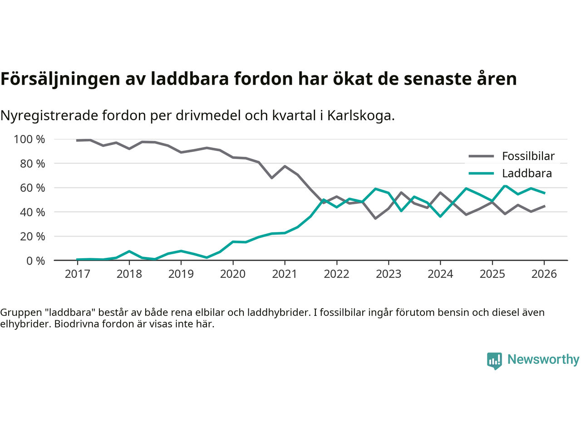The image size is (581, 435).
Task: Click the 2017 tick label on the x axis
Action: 78,274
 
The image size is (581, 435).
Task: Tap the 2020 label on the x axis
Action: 233,274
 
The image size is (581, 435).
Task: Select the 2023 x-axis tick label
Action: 389,274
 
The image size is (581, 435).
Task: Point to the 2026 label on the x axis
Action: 544,274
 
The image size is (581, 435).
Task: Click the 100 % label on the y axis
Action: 30,139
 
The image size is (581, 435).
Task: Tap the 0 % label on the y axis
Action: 35,261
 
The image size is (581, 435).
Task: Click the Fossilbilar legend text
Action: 528,156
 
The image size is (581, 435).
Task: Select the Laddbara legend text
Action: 527,174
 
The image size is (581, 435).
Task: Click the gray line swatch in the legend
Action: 481,156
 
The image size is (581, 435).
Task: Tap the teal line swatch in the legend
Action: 481,174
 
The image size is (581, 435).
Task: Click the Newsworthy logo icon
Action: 494,360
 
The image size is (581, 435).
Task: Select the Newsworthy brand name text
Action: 543,359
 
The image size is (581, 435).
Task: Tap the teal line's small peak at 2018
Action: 129,251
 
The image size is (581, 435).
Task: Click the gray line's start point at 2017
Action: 78,140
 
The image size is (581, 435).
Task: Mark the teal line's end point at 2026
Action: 544,193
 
